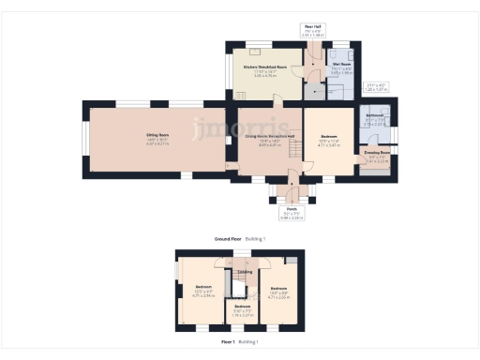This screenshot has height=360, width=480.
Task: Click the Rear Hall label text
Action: click(x=312, y=26)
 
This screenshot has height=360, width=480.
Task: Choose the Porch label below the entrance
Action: click(x=292, y=209)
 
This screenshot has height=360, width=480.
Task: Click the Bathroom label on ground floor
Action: click(x=374, y=116)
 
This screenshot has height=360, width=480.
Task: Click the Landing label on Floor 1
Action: click(x=246, y=273)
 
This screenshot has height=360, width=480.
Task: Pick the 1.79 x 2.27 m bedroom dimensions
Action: click(x=243, y=315)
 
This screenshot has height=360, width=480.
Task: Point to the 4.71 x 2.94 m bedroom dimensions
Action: click(x=203, y=294)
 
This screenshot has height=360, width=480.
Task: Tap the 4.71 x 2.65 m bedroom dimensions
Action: click(x=279, y=295)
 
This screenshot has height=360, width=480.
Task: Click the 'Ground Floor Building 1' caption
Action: click(x=240, y=239)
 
